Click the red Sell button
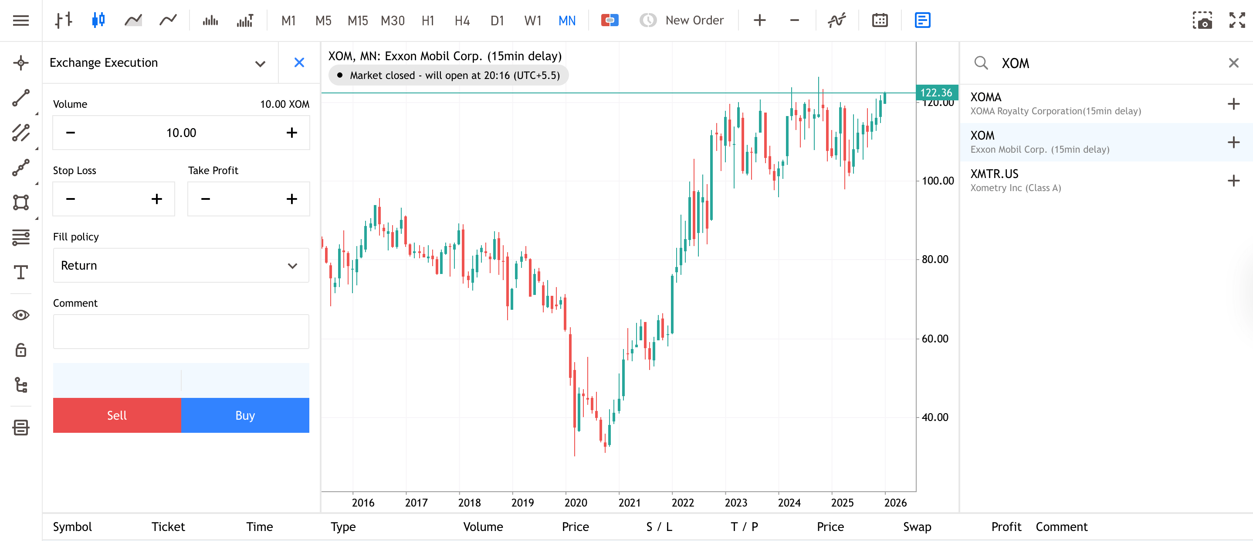[117, 415]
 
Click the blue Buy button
[245, 415]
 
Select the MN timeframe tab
[567, 21]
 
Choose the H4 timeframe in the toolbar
[462, 21]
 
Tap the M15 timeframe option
[358, 21]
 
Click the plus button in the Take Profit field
[292, 199]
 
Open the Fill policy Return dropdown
[181, 265]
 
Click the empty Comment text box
[181, 332]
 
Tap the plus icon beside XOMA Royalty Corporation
[1233, 104]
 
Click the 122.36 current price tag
[936, 92]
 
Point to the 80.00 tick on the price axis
[935, 260]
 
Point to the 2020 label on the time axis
[576, 503]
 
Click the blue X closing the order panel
[299, 62]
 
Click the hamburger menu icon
[21, 21]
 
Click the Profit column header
[1006, 527]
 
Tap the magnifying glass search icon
[981, 63]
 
